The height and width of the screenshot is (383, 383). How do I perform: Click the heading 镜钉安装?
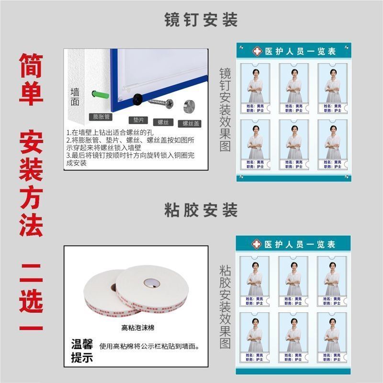(201, 20)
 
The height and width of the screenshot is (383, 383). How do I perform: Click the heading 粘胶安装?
(201, 211)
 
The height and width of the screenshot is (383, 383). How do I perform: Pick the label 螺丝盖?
(191, 123)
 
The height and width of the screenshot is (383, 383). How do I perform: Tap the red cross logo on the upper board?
(257, 51)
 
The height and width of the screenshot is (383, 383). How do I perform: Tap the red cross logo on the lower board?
(257, 244)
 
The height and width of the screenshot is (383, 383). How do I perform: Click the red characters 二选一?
(31, 297)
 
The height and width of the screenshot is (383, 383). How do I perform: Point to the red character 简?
(31, 66)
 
